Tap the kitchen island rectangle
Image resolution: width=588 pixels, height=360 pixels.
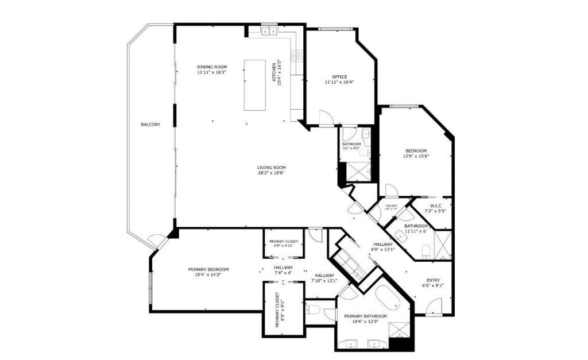[255, 85]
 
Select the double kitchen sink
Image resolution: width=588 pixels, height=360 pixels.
[269, 31]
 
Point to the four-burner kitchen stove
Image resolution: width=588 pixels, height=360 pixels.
[297, 56]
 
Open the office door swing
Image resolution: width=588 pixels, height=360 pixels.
[326, 117]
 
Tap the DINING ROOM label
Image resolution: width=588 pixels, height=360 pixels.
[212, 69]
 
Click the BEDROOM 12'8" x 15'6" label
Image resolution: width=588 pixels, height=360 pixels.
[416, 153]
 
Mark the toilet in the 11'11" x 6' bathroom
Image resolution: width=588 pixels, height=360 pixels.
[426, 250]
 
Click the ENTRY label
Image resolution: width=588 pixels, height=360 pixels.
[434, 281]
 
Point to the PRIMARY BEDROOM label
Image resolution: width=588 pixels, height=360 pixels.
[208, 272]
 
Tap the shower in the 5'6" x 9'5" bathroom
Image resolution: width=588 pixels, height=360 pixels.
[355, 170]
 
